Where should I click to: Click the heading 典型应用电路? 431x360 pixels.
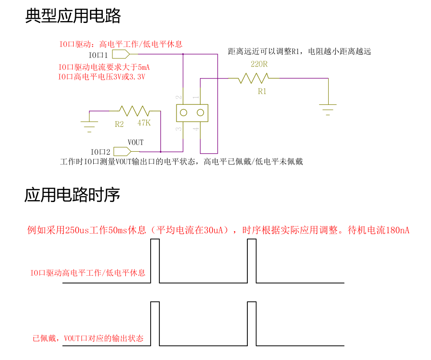click(x=73, y=16)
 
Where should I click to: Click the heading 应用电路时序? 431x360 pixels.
click(x=72, y=195)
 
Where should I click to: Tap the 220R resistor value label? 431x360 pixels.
click(x=259, y=64)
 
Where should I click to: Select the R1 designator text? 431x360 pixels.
click(x=262, y=91)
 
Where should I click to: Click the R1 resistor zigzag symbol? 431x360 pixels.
click(x=254, y=78)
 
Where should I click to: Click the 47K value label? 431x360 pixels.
click(x=144, y=123)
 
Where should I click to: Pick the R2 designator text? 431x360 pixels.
click(x=119, y=124)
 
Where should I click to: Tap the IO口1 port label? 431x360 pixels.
click(x=98, y=55)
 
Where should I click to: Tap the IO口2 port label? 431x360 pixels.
click(x=100, y=152)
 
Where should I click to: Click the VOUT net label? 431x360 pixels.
click(x=135, y=143)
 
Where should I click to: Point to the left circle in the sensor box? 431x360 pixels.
click(x=183, y=113)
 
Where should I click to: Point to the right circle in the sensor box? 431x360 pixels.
click(x=200, y=113)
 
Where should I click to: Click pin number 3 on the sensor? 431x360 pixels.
click(x=178, y=129)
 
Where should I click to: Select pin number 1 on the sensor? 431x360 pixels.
click(x=195, y=97)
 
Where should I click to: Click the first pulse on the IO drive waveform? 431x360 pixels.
click(x=155, y=261)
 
